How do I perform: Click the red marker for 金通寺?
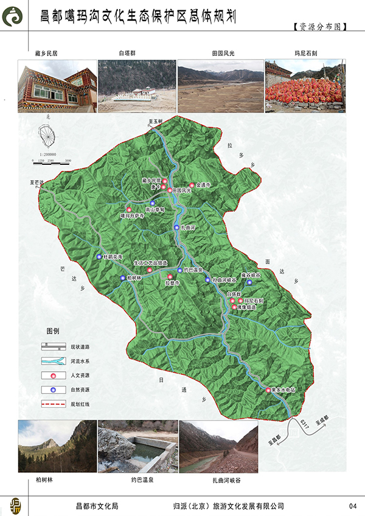pos(192,186)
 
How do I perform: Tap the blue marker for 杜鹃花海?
pos(100,257)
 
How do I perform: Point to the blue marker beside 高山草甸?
pos(153,203)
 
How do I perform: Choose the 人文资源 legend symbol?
pos(53,375)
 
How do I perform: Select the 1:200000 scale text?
pos(46,155)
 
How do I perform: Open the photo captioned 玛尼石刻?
pos(305,85)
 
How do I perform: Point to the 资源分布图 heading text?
pos(319,28)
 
